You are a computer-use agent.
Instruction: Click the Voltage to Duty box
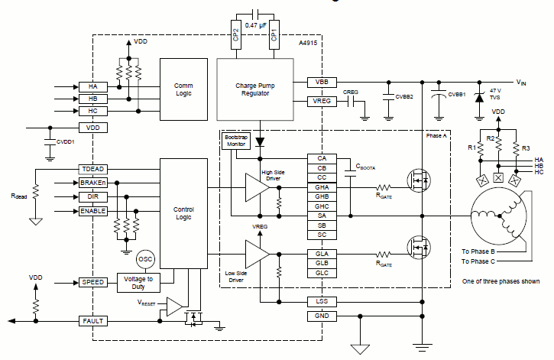[x=138, y=283]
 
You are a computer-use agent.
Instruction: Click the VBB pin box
[x=321, y=82]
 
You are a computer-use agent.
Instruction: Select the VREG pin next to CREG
[x=321, y=101]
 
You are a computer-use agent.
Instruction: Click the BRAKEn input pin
[x=94, y=183]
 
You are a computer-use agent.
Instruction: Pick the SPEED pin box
[x=94, y=283]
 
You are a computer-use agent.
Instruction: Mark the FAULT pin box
[x=94, y=321]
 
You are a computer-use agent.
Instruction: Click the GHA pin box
[x=321, y=187]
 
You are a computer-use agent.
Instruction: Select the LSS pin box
[x=321, y=302]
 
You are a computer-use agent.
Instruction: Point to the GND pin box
[x=321, y=316]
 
